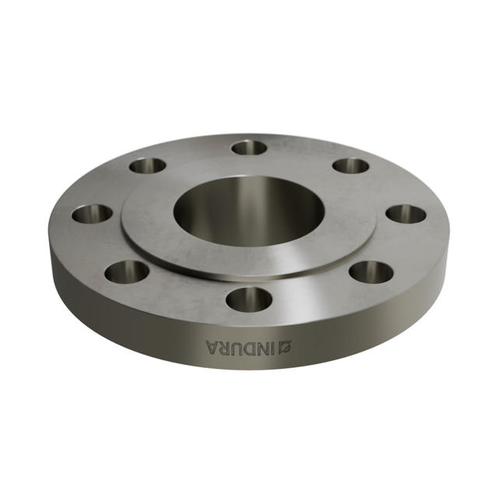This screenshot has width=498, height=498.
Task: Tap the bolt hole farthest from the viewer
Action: point(249,147)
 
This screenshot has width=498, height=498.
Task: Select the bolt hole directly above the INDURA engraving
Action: point(249,298)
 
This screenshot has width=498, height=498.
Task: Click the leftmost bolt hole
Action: point(92,213)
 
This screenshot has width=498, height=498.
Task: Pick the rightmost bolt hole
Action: point(405,214)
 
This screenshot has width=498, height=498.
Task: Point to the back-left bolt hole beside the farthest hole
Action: point(147,166)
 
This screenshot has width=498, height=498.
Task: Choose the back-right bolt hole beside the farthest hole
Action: point(350,166)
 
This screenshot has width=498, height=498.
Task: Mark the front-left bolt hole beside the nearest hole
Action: point(127,272)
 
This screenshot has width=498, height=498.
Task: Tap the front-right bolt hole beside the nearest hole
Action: point(371,272)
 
